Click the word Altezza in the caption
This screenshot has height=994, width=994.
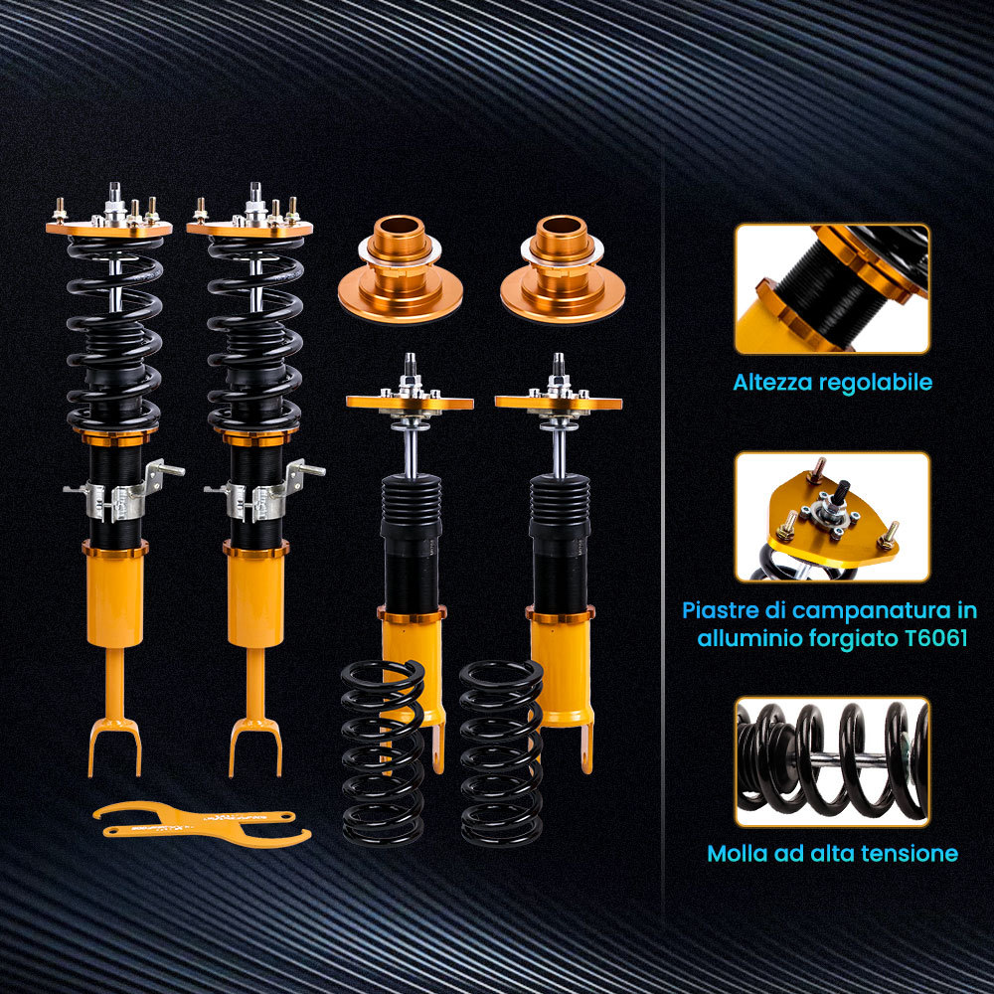[x=772, y=382]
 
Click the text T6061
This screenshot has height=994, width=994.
[x=930, y=638]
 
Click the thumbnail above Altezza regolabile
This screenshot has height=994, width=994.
[x=832, y=288]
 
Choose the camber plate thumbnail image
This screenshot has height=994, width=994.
[x=832, y=516]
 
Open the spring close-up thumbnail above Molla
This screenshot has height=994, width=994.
[x=832, y=761]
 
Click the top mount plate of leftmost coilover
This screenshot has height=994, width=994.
[x=109, y=227]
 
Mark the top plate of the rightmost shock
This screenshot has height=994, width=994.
[x=559, y=403]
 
